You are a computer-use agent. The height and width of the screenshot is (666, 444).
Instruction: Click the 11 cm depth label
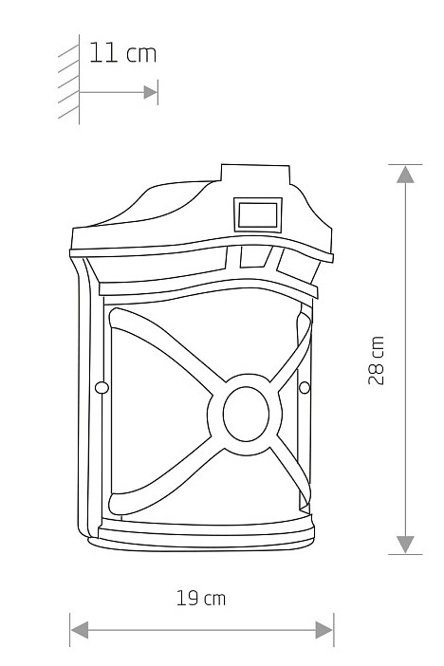click(122, 53)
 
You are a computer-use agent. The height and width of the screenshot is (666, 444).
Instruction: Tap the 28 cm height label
click(376, 361)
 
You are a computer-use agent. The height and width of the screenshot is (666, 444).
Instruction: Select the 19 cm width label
click(201, 598)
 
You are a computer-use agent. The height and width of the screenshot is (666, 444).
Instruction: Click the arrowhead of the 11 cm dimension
click(151, 92)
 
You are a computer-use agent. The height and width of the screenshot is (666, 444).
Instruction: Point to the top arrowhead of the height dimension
click(405, 175)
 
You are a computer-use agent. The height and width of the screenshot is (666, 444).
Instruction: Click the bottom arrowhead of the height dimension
click(405, 545)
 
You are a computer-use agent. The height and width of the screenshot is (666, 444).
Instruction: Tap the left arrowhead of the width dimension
click(80, 629)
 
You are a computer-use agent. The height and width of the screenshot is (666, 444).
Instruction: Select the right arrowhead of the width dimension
click(324, 629)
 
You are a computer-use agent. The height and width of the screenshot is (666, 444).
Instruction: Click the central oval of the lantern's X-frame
click(246, 414)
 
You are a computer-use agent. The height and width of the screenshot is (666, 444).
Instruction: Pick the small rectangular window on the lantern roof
click(258, 215)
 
